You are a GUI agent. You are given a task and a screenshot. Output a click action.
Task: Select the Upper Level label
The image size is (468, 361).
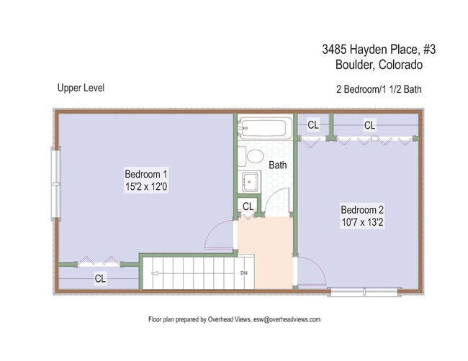(81, 88)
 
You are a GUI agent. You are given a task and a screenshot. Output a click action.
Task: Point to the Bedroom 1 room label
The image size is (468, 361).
(146, 174)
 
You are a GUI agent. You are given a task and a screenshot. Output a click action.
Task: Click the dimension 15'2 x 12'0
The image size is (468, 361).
(146, 187)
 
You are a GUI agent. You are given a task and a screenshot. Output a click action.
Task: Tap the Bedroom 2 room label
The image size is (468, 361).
(362, 209)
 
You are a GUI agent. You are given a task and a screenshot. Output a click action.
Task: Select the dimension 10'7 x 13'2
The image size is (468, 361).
(362, 222)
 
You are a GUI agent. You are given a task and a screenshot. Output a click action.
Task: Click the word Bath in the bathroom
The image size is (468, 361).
(278, 165)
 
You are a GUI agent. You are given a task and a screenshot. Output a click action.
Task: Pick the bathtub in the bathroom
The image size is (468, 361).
(265, 129)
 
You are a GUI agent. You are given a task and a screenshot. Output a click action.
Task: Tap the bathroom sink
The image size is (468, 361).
(250, 182)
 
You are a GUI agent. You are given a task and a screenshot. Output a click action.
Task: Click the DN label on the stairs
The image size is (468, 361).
(244, 273)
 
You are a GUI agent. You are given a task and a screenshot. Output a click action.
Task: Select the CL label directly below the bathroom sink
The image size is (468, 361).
(248, 206)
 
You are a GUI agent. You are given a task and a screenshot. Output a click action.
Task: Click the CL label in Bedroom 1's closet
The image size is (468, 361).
(101, 278)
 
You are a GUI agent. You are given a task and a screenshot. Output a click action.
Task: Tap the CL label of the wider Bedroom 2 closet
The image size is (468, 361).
(369, 125)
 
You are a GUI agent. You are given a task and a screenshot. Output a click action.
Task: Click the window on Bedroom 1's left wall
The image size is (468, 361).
(54, 183)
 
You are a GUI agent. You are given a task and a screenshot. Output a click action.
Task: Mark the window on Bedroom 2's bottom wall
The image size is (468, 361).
(358, 291)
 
